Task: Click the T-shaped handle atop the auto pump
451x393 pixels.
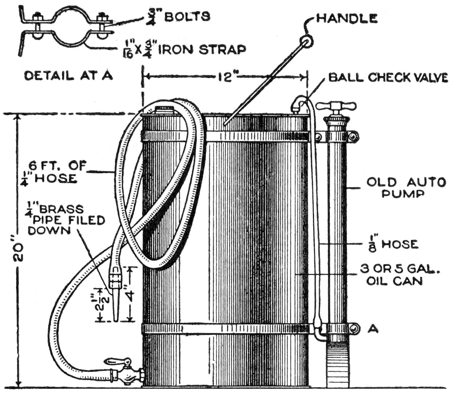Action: coord(336,106)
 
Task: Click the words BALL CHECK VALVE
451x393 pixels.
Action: coord(388,77)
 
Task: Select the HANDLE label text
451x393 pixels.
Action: coord(347,18)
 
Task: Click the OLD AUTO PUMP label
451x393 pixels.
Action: coord(406,187)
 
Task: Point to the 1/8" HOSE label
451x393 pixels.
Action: coord(392,244)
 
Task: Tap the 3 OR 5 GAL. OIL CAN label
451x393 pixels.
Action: coord(399,275)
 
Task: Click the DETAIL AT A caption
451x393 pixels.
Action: coord(69,76)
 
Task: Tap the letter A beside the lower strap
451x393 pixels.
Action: coord(373,329)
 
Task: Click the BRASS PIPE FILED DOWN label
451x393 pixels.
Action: coord(65,220)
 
